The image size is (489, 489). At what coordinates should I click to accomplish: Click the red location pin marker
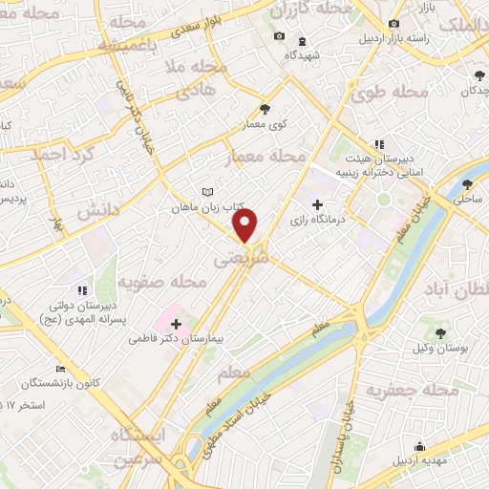coord(245,225)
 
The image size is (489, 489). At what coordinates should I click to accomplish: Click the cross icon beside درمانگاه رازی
coord(318,203)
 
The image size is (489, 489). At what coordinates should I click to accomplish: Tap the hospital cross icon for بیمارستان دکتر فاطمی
coord(176,325)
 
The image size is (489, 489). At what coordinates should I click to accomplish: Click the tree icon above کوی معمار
coord(265,109)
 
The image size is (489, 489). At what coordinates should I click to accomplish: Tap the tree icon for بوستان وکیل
coord(441,333)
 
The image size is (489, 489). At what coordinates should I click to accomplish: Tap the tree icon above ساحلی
coord(467,184)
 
